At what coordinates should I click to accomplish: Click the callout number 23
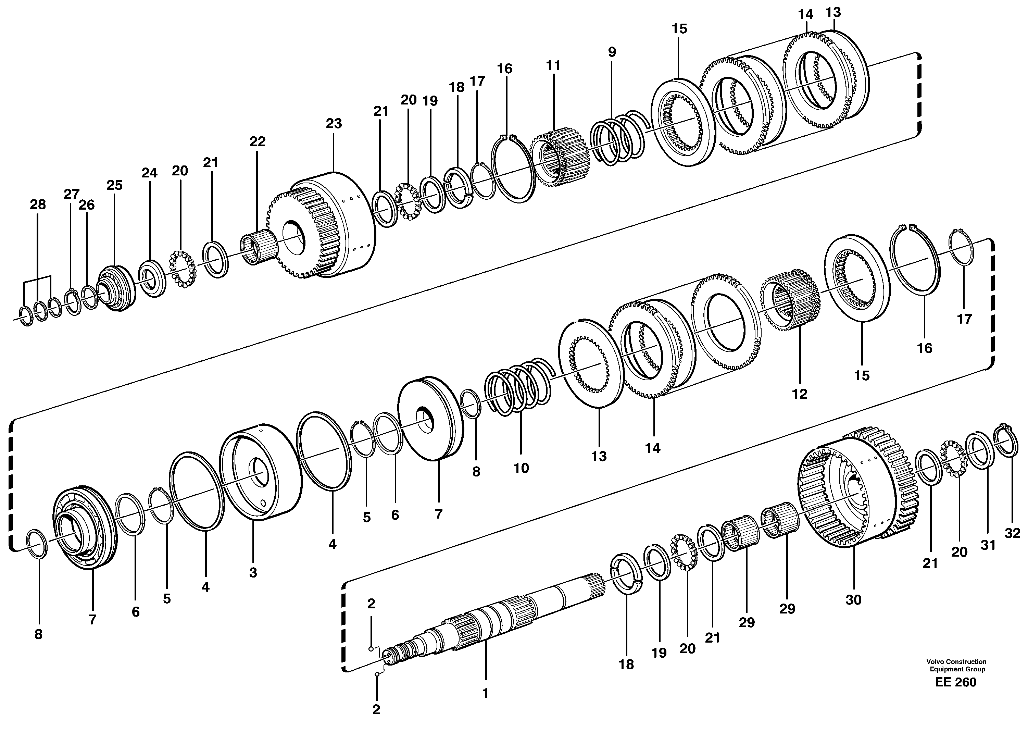point(334,124)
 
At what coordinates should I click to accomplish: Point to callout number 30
point(853,600)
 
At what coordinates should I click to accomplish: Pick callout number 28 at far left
point(38,204)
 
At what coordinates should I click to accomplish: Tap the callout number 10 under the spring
point(521,468)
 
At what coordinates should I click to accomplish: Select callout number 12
point(800,394)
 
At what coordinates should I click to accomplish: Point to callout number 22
point(257,141)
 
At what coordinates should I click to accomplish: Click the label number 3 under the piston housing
point(253,573)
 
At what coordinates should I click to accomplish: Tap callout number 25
point(114,185)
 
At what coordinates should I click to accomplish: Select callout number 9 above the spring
point(611,52)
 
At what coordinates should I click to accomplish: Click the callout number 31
point(988,545)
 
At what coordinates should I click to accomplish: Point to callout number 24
point(150,173)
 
